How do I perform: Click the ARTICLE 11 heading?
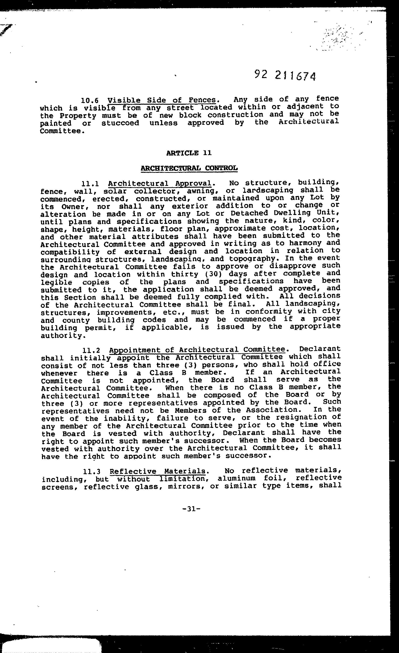[x=189, y=153]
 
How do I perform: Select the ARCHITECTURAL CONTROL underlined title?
[x=189, y=168]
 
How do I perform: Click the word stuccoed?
[x=120, y=123]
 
